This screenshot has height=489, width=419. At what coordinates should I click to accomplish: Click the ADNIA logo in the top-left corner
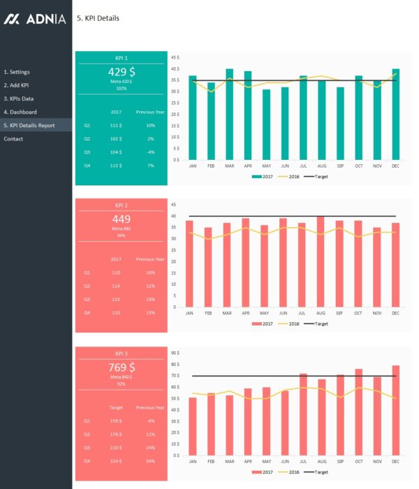(x=35, y=20)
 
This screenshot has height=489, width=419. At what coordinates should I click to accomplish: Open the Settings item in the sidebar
(x=17, y=72)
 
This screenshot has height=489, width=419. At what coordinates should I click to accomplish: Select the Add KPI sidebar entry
(x=16, y=85)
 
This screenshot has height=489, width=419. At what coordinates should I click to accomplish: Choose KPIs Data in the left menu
(x=19, y=98)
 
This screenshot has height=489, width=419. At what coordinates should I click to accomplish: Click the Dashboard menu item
(x=20, y=112)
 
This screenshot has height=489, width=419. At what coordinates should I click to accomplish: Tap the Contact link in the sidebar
(x=13, y=139)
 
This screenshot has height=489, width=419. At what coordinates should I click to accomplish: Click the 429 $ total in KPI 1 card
(x=122, y=72)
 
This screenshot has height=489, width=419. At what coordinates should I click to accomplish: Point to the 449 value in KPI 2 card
(x=122, y=219)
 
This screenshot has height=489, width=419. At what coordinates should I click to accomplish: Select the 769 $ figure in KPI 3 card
(x=122, y=367)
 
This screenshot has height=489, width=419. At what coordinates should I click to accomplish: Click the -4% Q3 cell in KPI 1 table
(x=150, y=152)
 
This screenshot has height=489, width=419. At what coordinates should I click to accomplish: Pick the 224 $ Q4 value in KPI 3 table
(x=115, y=460)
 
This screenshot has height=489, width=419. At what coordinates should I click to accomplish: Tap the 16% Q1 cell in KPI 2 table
(x=150, y=272)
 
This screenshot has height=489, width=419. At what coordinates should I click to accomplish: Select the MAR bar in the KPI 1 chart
(x=230, y=115)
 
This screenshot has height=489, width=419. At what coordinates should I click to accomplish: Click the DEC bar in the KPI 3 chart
(x=396, y=409)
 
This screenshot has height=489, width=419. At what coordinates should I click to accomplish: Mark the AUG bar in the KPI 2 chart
(x=321, y=262)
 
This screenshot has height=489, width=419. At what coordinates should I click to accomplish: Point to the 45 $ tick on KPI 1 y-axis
(x=175, y=57)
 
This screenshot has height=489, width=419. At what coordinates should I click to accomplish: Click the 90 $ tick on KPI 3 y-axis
(x=175, y=353)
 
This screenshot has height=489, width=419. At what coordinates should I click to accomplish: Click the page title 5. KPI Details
(x=97, y=19)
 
